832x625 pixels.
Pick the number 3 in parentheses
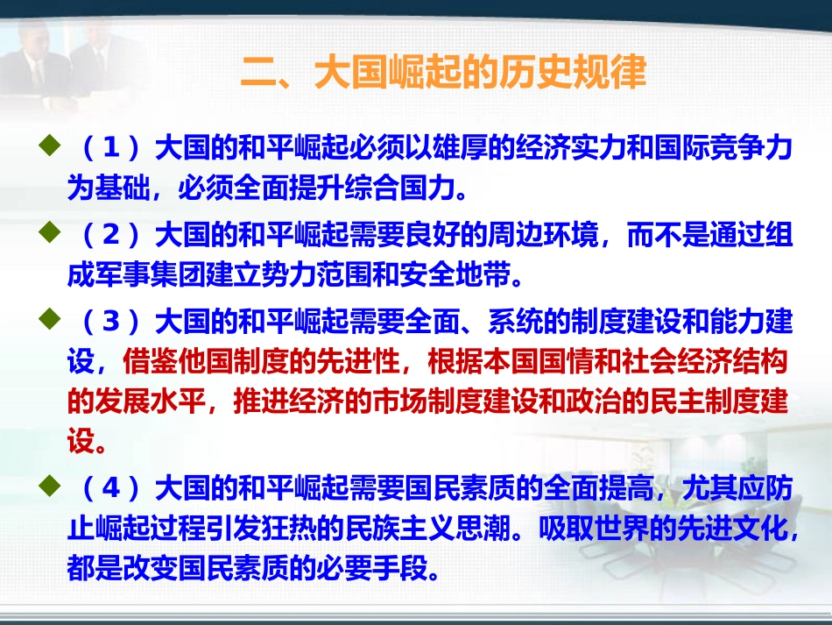click(x=110, y=323)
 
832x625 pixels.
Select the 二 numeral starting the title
click(x=257, y=73)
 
